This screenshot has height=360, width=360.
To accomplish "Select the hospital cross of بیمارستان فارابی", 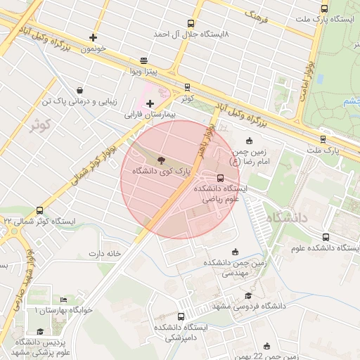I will pos(150,103).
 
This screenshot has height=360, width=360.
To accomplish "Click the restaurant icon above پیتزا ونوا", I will pos(144,60).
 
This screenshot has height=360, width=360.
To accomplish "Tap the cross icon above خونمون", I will pos(94,37).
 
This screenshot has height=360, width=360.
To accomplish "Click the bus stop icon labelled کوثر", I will pos(186,88).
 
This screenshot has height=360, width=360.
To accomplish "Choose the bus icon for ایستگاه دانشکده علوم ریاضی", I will pos(221,178).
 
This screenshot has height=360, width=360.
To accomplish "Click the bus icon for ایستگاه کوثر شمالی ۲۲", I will pos(39,210).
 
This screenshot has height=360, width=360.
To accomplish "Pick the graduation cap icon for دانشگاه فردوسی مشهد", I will pos(247,296).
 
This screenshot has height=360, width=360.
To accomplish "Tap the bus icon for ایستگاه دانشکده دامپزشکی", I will pos(181,317).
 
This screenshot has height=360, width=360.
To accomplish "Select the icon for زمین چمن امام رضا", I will pos(251,141).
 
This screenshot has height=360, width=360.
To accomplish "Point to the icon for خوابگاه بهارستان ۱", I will pos(64,300).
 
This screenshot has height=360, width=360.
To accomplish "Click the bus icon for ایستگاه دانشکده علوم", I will pos(325,238).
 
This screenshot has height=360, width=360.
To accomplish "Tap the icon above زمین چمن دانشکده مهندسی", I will pos(235,252).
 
